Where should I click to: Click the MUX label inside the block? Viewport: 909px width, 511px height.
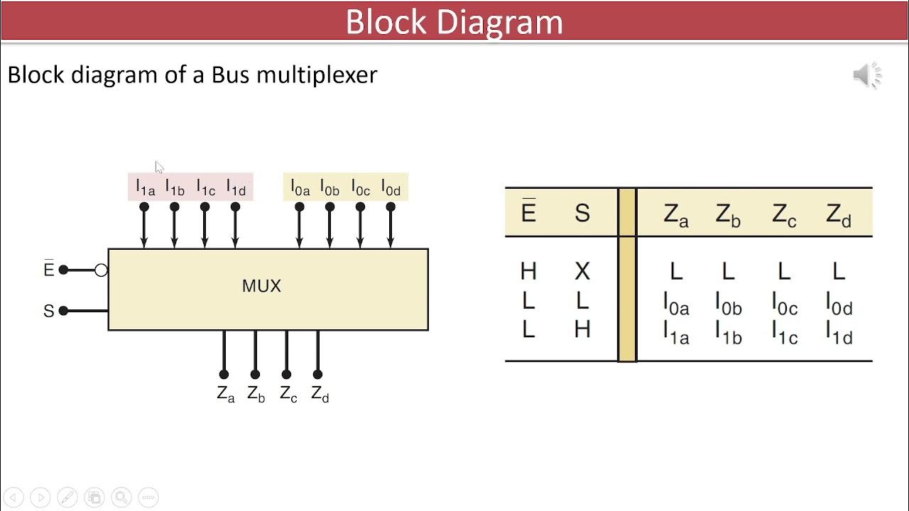[x=261, y=286]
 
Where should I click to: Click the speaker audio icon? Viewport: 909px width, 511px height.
[x=866, y=75]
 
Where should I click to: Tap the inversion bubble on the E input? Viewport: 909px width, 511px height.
[x=101, y=270]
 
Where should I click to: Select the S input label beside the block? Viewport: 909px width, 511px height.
[x=48, y=312]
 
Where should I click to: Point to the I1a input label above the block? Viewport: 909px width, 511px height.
[x=145, y=187]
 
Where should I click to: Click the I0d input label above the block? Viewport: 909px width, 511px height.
[x=391, y=187]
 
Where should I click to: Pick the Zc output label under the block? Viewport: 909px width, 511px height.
[x=288, y=394]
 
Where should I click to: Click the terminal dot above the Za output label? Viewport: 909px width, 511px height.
[x=224, y=374]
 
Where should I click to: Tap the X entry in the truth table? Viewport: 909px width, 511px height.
[x=582, y=271]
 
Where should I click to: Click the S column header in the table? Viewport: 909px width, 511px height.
[x=582, y=213]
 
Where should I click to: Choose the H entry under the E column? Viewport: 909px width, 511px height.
[x=528, y=271]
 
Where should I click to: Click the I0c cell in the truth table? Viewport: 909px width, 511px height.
[x=784, y=303]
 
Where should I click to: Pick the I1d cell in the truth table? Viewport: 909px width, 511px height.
[x=839, y=331]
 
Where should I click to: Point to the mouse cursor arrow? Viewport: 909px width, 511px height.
[x=159, y=167]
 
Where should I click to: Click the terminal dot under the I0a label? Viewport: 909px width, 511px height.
[x=300, y=207]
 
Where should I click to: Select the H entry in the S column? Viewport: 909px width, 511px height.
[x=582, y=329]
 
